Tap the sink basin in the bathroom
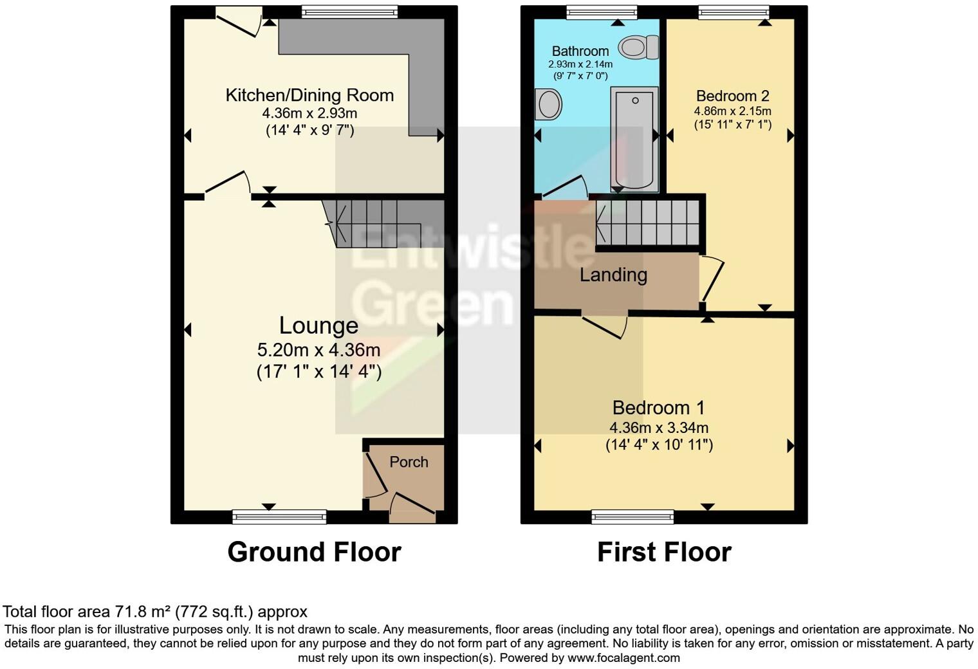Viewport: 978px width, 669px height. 548,104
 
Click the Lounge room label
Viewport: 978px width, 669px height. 318,325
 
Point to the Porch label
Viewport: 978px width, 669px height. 409,462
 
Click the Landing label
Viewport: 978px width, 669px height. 613,275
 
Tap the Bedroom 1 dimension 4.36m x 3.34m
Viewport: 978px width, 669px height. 659,427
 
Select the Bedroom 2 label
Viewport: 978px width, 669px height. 732,96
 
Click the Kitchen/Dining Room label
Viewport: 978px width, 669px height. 309,95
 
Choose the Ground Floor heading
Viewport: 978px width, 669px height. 314,552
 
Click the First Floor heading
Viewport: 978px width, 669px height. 664,552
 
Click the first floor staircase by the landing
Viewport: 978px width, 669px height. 647,223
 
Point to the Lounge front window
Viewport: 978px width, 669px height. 279,516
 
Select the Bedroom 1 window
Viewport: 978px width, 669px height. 632,516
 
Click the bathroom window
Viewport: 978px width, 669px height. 602,12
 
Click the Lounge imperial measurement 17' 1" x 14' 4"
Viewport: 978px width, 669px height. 318,372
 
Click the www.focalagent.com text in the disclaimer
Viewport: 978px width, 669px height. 623,658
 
